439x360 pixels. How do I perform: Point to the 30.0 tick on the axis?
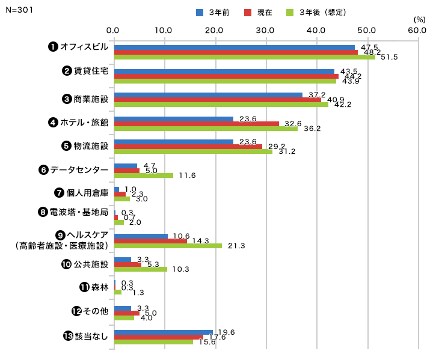click(265, 29)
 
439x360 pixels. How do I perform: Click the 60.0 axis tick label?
click(417, 29)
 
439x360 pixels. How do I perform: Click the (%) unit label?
click(420, 20)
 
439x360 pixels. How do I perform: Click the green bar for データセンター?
click(143, 175)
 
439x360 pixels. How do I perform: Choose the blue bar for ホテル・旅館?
click(173, 119)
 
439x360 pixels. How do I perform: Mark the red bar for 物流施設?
click(188, 147)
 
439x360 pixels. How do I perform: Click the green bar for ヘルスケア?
click(168, 245)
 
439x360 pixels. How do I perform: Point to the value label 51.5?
click(389, 57)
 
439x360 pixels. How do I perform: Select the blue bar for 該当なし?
click(163, 332)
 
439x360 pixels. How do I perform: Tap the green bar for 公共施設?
click(140, 269)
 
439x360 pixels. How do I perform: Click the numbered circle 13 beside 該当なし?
click(68, 336)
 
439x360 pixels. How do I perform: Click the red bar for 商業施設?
click(217, 100)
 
